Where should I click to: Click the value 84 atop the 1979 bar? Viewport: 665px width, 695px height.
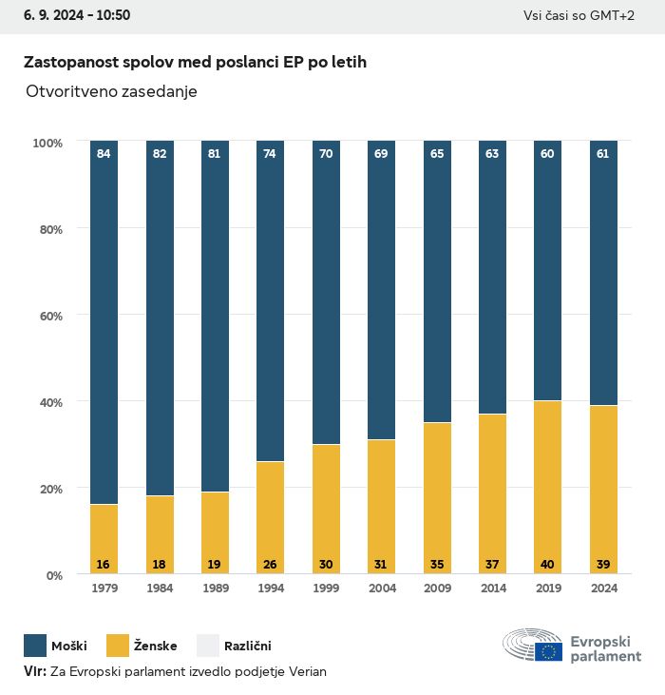coord(104,153)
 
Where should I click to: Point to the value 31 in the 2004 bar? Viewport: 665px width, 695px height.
coord(381,565)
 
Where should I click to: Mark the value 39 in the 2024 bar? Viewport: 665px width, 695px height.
coord(603,565)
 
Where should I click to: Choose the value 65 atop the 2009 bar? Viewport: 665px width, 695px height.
coord(437,153)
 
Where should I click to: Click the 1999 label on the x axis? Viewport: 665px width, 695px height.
coord(326,589)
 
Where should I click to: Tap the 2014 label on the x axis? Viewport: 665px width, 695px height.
coord(492,589)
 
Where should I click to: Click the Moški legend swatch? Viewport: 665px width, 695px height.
coord(35,647)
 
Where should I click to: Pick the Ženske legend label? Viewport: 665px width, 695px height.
coord(157,647)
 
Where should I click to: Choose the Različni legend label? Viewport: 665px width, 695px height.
coord(247,647)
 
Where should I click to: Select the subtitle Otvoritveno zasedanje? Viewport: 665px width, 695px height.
coord(111,92)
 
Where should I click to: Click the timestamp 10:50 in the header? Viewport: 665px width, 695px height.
coord(113,15)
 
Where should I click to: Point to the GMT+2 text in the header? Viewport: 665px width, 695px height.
coord(614,15)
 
